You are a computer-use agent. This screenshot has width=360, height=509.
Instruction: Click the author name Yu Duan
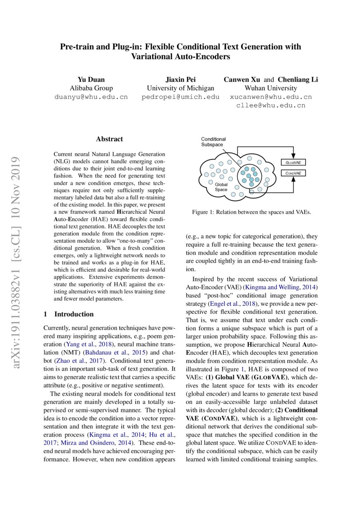(91, 79)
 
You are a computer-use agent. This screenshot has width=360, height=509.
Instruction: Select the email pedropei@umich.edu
(180, 97)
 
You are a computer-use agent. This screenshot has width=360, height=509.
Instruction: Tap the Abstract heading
(109, 139)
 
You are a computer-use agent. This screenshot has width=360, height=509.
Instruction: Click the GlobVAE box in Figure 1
(293, 162)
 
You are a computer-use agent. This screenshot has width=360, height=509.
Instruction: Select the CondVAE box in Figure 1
(293, 173)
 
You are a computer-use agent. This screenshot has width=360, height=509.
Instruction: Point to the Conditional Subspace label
(213, 142)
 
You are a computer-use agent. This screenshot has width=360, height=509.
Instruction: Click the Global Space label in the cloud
(221, 187)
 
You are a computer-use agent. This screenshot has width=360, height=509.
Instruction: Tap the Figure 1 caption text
(251, 212)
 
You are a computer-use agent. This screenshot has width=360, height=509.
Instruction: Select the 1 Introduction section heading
(69, 314)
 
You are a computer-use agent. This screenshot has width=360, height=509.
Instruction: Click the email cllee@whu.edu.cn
(270, 105)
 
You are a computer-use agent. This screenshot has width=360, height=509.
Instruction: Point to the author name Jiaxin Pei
(180, 79)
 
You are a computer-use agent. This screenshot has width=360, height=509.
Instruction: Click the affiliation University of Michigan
(180, 88)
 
